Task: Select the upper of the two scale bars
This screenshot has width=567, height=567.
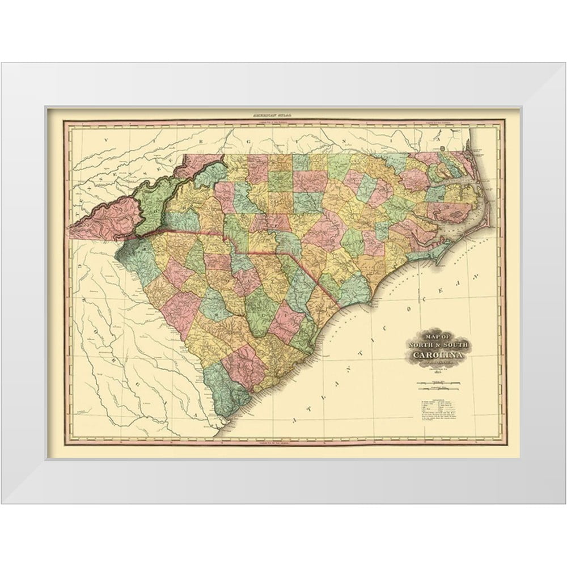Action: (437, 385)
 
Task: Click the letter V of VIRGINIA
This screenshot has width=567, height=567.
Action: (104, 138)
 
